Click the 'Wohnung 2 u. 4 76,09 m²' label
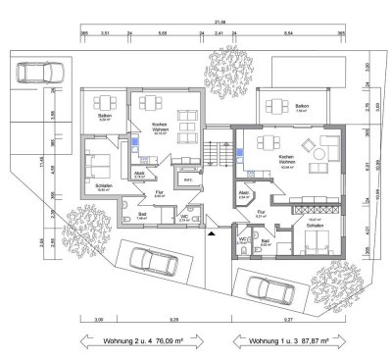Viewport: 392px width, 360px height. point(145,340)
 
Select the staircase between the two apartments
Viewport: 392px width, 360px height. point(215,154)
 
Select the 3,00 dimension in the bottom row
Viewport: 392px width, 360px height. point(99,319)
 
